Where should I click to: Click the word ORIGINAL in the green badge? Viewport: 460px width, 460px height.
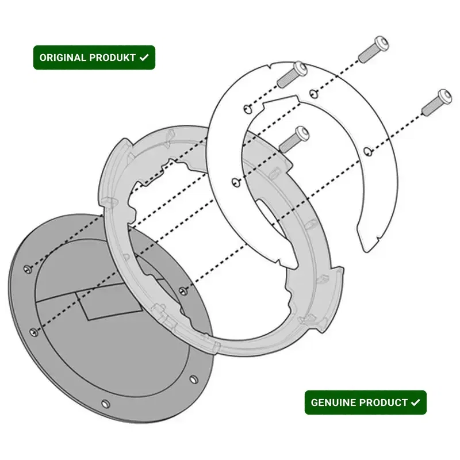coord(62,57)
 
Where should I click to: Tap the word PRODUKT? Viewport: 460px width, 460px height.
coord(112,57)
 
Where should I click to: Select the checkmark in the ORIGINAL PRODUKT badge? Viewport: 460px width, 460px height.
coord(144,57)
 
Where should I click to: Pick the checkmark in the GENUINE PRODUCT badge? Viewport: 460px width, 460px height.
coord(415,402)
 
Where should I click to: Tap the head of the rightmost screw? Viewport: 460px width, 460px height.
coord(444,97)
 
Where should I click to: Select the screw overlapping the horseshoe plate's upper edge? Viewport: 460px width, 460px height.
coord(292,75)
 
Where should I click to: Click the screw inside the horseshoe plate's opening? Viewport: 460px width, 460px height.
coord(294,139)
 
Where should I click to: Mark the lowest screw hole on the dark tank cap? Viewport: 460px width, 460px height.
coord(105,404)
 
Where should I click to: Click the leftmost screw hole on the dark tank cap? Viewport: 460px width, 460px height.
coord(28,269)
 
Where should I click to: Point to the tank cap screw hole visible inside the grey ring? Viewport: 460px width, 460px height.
coord(183,291)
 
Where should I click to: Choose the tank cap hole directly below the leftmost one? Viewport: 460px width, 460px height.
coord(34,332)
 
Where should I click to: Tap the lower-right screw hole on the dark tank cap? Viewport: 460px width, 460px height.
coord(193,379)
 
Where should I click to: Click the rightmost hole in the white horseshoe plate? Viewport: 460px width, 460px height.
coord(368,151)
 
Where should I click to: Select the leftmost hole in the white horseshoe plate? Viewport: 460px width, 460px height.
coord(236,182)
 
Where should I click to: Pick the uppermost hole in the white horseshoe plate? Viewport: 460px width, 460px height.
coord(313,94)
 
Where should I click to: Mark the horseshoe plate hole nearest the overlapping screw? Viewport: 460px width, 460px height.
coord(248,109)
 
